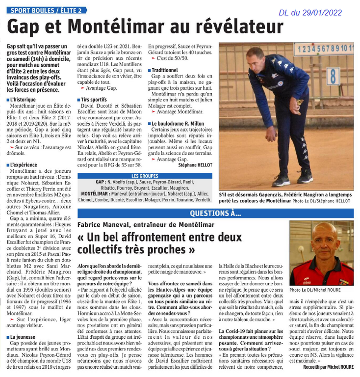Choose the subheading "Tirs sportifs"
[94, 100]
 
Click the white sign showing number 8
[333, 76]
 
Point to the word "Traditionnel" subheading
[168, 70]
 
